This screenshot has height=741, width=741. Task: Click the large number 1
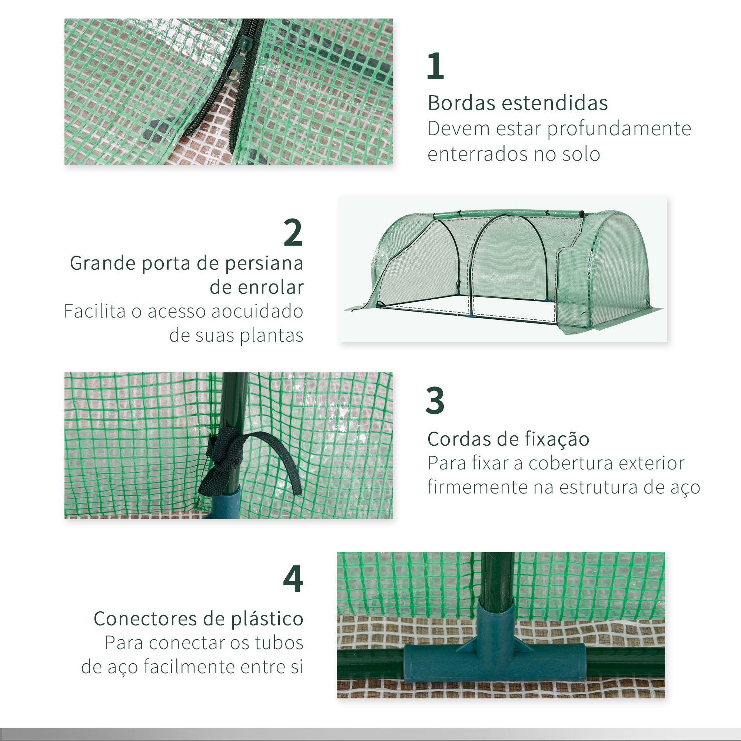435,66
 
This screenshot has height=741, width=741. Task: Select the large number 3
435,401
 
